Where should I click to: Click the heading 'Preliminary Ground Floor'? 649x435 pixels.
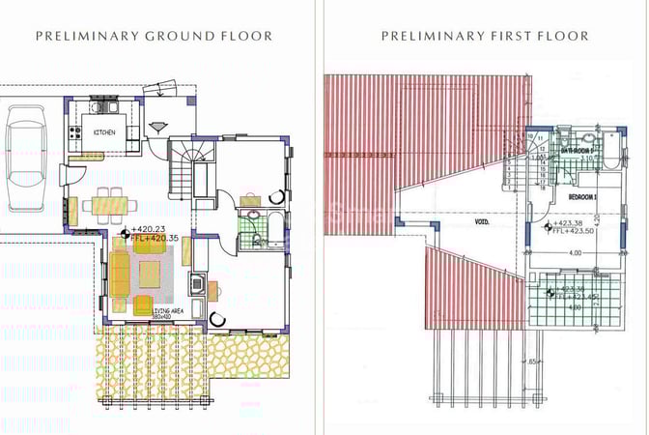[154, 36]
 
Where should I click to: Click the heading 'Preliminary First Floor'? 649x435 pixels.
[485, 36]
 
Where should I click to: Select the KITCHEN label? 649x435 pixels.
[104, 131]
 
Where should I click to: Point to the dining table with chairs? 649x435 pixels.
[107, 204]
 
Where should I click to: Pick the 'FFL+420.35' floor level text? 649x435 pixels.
[152, 237]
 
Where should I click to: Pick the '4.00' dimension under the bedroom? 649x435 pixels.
[576, 253]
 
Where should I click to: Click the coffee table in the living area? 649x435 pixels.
[150, 275]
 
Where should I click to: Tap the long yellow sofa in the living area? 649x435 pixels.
[121, 275]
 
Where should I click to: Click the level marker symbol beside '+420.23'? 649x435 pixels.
[123, 233]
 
